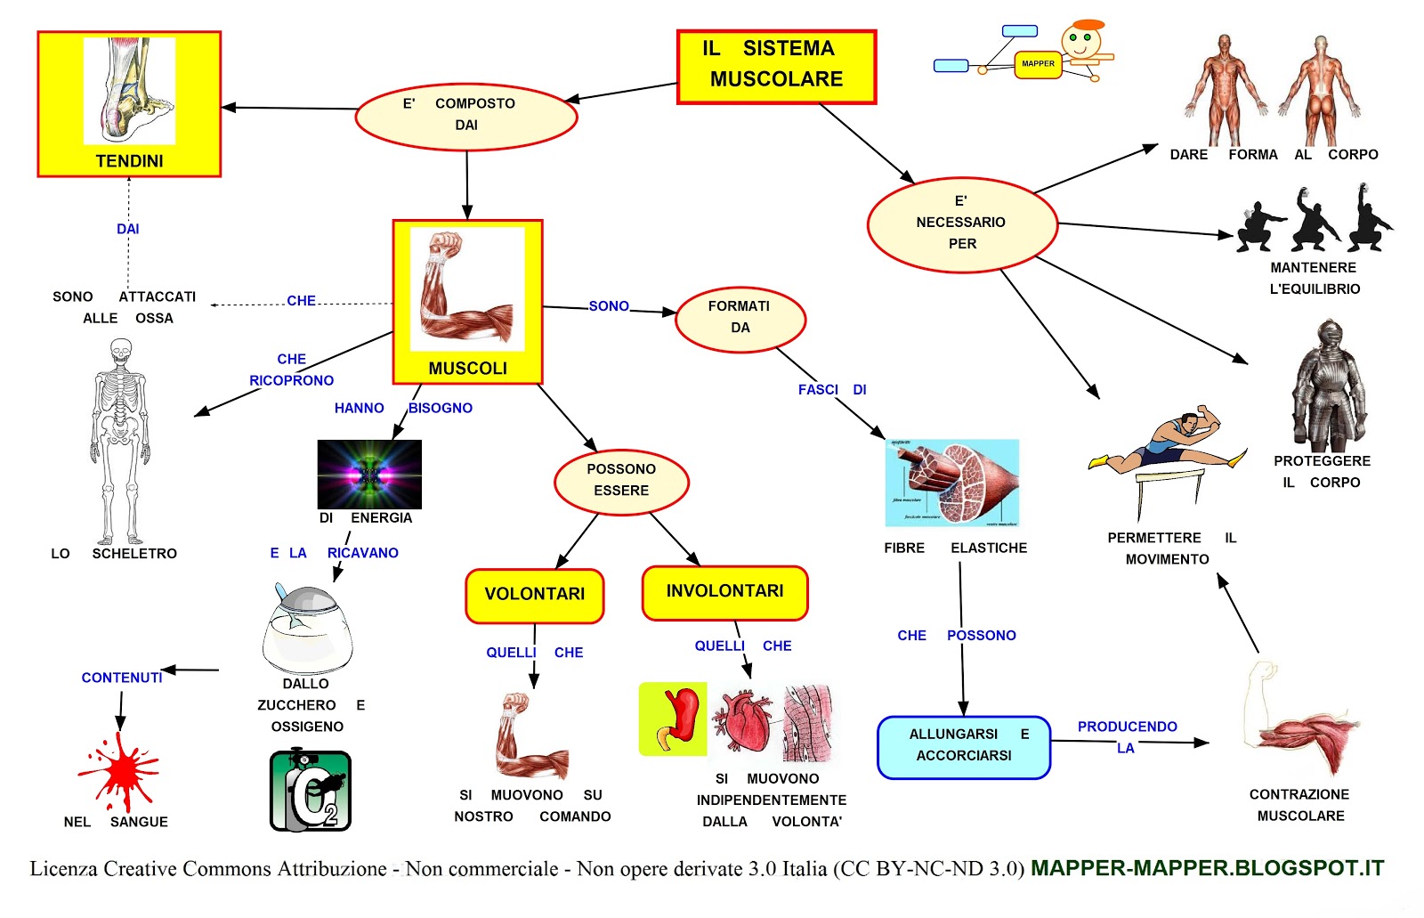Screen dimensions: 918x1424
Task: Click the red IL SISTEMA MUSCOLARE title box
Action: coord(776,67)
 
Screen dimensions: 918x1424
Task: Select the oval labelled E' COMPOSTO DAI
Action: coord(465,116)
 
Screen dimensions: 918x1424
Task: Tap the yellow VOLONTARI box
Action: coord(534,595)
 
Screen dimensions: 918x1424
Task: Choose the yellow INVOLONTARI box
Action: coord(724,592)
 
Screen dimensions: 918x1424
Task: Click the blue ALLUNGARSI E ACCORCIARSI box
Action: coord(963,746)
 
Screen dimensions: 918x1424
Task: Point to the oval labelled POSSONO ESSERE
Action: coord(621,481)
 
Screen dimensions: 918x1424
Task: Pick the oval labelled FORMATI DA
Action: coord(740,319)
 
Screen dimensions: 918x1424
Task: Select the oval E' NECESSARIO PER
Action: coord(962,223)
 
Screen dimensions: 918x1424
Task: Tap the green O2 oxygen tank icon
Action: coord(311,791)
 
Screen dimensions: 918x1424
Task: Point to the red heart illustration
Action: coord(745,721)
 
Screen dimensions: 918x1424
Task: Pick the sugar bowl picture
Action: coord(308,628)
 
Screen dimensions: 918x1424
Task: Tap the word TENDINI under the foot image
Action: coord(130,161)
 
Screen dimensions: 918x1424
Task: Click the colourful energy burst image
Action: coord(369,474)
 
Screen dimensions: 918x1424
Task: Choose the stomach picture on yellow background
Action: coord(674,719)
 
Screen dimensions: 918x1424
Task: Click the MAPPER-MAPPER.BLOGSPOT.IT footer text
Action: coord(1207,868)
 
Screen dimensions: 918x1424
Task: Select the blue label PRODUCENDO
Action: coord(1127,727)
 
